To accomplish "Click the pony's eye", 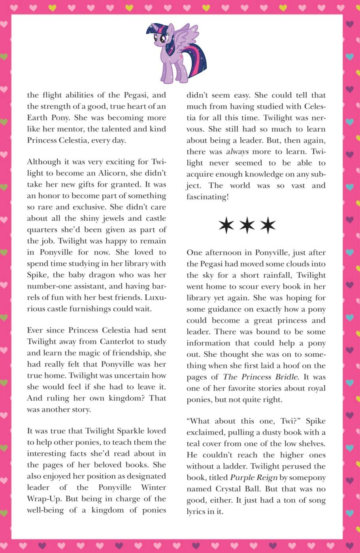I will click(162, 39).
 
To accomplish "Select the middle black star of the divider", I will click(247, 225).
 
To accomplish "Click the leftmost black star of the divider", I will click(226, 225).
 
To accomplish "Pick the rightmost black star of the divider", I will click(268, 225).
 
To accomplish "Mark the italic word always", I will click(237, 151).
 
